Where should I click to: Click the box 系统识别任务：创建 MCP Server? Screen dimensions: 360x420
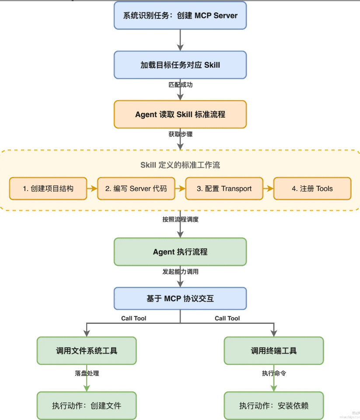pos(180,15)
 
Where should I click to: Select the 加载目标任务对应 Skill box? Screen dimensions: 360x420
pos(180,65)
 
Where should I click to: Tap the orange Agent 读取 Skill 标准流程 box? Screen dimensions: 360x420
pos(180,115)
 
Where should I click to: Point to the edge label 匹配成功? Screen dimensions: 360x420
pos(180,85)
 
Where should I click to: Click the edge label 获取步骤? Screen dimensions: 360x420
pos(180,134)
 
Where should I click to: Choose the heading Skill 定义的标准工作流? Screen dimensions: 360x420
pos(180,165)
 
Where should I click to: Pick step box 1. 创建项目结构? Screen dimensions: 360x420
pos(48,188)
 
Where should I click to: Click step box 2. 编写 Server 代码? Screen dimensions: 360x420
pos(136,188)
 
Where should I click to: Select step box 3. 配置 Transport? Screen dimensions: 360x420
pos(224,188)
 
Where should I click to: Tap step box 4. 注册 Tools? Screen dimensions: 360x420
pos(312,188)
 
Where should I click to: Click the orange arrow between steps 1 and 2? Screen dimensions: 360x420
pos(92,188)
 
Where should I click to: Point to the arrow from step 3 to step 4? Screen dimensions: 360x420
pos(268,188)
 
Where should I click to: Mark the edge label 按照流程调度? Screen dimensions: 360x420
pos(180,219)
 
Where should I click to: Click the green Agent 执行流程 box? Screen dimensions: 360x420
pos(180,252)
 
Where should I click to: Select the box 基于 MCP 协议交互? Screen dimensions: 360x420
pos(180,299)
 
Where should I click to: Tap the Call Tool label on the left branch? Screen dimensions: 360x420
pos(133,318)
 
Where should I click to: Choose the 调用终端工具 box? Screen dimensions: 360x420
pos(274,351)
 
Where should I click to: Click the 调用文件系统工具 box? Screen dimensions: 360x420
pos(87,351)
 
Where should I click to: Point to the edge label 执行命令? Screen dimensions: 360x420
pos(274,373)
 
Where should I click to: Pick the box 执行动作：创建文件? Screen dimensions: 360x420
pos(87,406)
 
